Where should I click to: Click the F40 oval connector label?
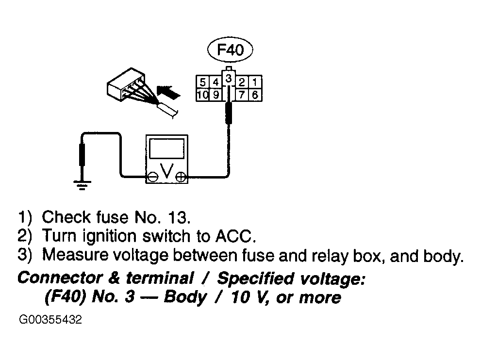tap(230, 49)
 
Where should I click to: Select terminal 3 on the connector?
tap(229, 79)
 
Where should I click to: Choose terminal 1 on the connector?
tap(255, 82)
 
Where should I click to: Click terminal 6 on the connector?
tap(255, 95)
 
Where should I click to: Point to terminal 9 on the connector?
tap(216, 95)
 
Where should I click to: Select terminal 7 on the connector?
tap(242, 95)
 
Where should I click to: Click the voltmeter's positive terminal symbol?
tap(181, 177)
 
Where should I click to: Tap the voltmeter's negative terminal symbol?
tap(152, 177)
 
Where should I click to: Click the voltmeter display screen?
tap(167, 148)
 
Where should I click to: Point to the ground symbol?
tap(82, 185)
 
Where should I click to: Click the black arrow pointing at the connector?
tap(168, 92)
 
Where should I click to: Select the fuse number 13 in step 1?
tap(177, 217)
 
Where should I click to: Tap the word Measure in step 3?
tap(75, 255)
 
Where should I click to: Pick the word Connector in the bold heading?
tap(60, 278)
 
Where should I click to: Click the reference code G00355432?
tap(50, 320)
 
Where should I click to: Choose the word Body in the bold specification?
tap(185, 297)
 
